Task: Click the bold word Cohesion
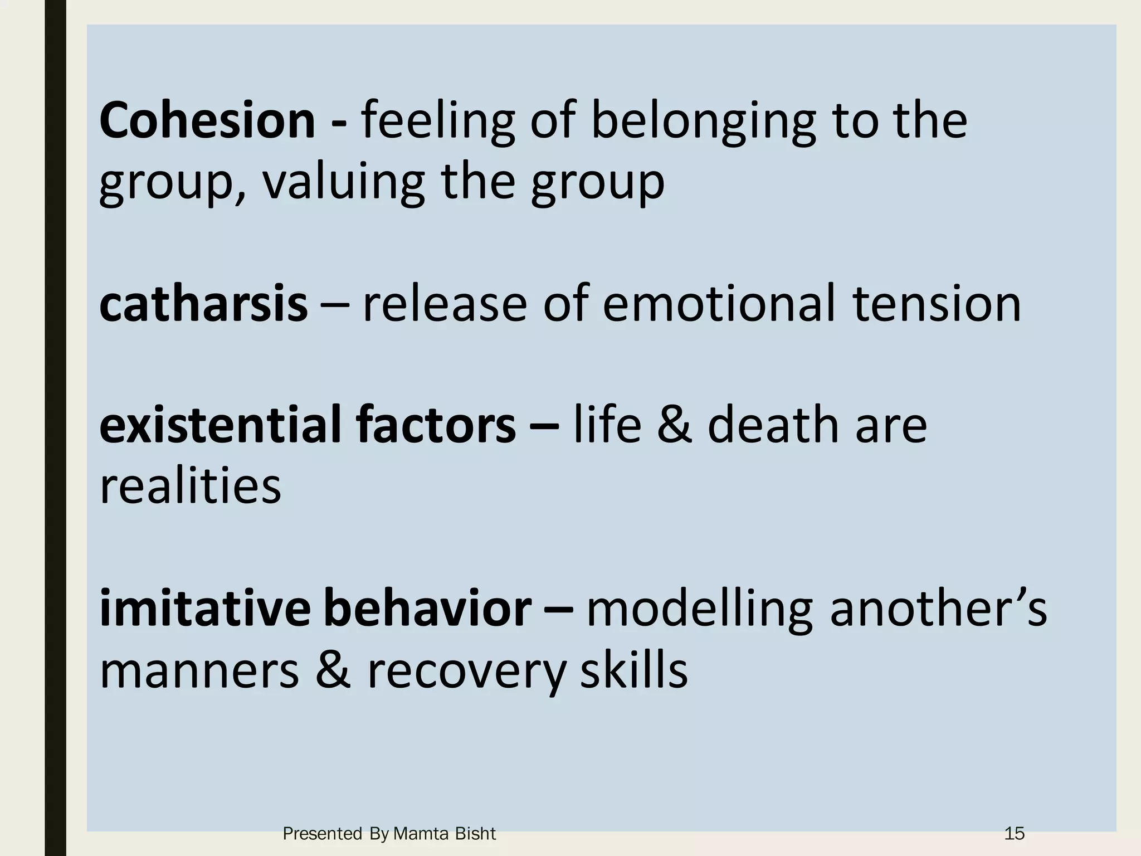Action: point(207,121)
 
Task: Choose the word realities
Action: point(191,486)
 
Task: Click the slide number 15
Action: point(1014,834)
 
